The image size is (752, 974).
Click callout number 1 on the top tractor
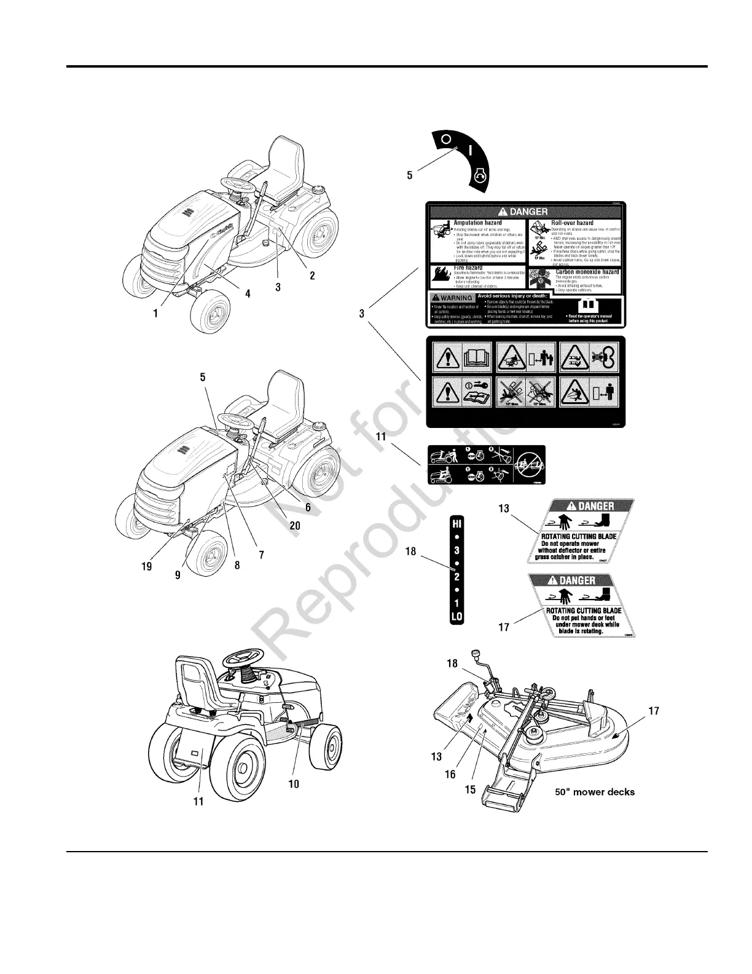pyautogui.click(x=156, y=312)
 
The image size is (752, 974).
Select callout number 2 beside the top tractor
pyautogui.click(x=312, y=275)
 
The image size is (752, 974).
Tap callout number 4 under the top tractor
pyautogui.click(x=248, y=294)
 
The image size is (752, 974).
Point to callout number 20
pyautogui.click(x=295, y=526)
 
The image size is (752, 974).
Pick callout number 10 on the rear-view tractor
pyautogui.click(x=294, y=785)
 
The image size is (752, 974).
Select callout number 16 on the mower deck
pyautogui.click(x=450, y=774)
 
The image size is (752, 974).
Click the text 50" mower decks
pyautogui.click(x=595, y=791)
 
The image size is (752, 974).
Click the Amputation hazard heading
pyautogui.click(x=477, y=223)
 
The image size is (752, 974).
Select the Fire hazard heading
pyautogui.click(x=468, y=268)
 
